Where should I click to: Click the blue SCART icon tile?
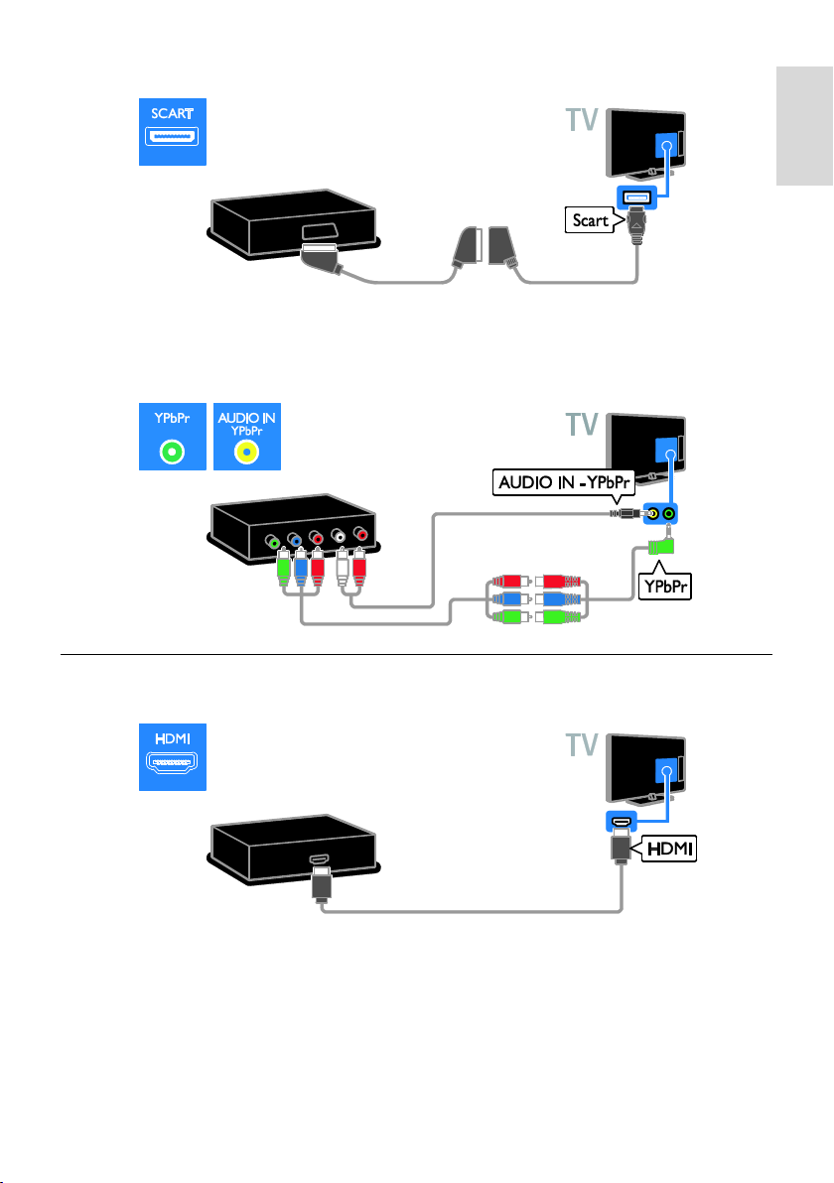pos(172,132)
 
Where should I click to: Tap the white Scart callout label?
pos(591,220)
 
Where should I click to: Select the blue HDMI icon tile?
pos(172,756)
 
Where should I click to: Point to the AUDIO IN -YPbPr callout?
pos(564,483)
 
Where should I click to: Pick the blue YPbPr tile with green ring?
pos(172,437)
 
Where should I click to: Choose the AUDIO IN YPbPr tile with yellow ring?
pos(247,437)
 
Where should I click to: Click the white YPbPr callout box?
pos(664,586)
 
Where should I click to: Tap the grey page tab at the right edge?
pos(804,126)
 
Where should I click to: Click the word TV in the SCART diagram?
pos(582,120)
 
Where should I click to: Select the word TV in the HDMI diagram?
pos(582,745)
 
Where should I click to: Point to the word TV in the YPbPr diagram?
pos(582,425)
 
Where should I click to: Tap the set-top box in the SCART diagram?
pos(294,223)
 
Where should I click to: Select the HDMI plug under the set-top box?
pos(321,883)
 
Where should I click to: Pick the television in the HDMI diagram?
pos(646,769)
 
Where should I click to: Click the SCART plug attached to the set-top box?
pos(322,258)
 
